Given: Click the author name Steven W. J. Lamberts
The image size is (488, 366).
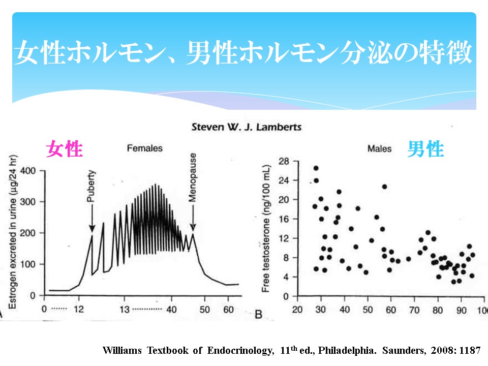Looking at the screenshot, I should pyautogui.click(x=246, y=127).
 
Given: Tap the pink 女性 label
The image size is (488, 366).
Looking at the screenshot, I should pyautogui.click(x=65, y=149).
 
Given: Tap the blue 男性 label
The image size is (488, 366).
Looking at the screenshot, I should pyautogui.click(x=425, y=149).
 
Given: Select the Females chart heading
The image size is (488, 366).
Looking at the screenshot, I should pyautogui.click(x=145, y=148).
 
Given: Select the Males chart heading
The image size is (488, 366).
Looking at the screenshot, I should pyautogui.click(x=379, y=149).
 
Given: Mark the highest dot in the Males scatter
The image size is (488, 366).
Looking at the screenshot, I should pyautogui.click(x=316, y=168).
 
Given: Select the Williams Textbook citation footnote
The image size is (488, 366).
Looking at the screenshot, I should pyautogui.click(x=291, y=350).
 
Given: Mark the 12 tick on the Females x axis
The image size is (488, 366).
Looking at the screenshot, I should pyautogui.click(x=78, y=309).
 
